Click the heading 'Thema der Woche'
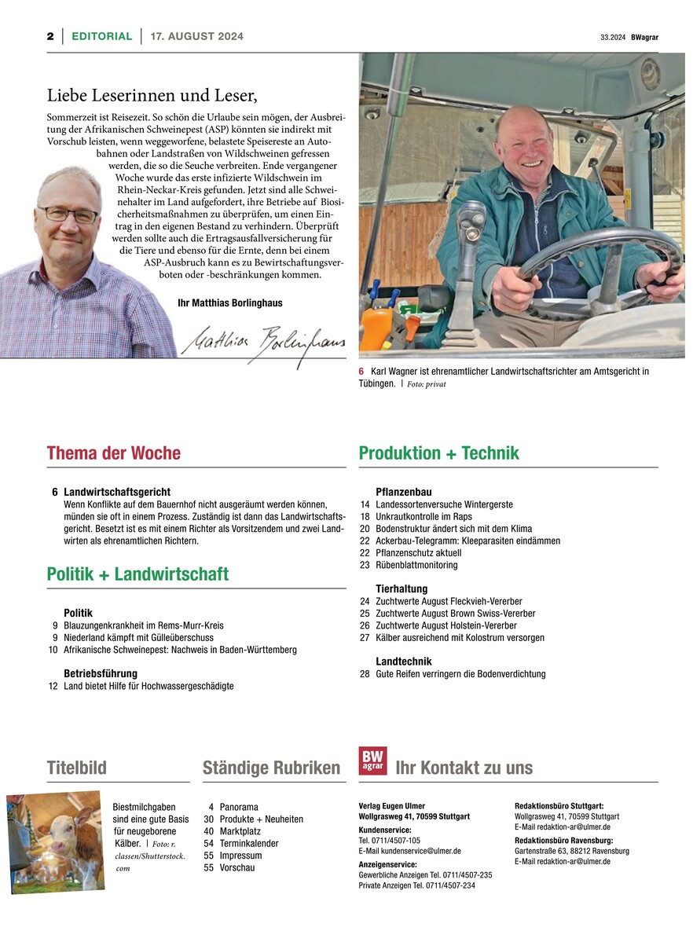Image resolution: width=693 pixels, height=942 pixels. [x=114, y=453]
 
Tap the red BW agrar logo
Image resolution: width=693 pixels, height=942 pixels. [x=372, y=761]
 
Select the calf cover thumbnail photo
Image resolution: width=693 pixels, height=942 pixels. [x=56, y=841]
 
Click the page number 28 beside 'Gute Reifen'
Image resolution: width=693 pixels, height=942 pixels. [x=365, y=674]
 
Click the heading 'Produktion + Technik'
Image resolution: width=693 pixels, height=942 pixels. [x=438, y=453]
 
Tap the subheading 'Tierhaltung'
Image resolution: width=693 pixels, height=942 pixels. [x=401, y=588]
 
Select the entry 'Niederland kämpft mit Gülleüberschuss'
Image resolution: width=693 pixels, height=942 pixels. [x=138, y=638]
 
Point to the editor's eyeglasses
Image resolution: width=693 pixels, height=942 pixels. [x=68, y=214]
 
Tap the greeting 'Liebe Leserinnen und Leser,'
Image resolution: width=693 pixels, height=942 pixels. [x=152, y=96]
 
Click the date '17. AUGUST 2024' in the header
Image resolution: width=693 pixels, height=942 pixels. [x=196, y=36]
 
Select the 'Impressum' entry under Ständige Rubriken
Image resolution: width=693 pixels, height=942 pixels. [x=240, y=856]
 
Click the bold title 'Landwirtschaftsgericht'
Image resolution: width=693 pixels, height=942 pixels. [x=117, y=492]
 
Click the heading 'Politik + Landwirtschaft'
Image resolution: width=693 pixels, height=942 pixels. [x=137, y=574]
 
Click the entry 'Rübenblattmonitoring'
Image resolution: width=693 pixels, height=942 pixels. [x=416, y=565]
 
